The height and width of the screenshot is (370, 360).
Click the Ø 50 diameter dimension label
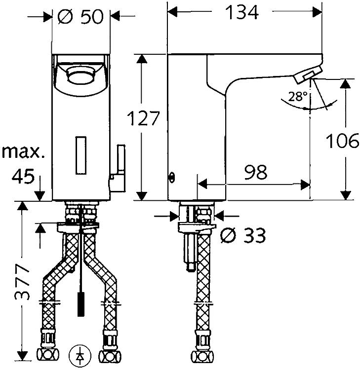80,16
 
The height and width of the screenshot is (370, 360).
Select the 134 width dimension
241,12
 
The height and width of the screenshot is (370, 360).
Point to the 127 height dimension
143,118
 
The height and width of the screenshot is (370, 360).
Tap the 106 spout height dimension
342,141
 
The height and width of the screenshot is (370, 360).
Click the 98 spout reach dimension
256,172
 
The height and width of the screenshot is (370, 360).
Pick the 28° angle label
298,96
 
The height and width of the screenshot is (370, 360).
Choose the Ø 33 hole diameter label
243,235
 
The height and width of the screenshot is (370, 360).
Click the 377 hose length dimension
22,282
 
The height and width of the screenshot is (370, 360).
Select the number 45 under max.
23,177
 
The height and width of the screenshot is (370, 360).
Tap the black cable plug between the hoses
81,304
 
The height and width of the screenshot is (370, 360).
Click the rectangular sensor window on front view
81,155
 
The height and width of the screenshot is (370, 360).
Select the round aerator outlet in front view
80,75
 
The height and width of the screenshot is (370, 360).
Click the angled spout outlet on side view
308,74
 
